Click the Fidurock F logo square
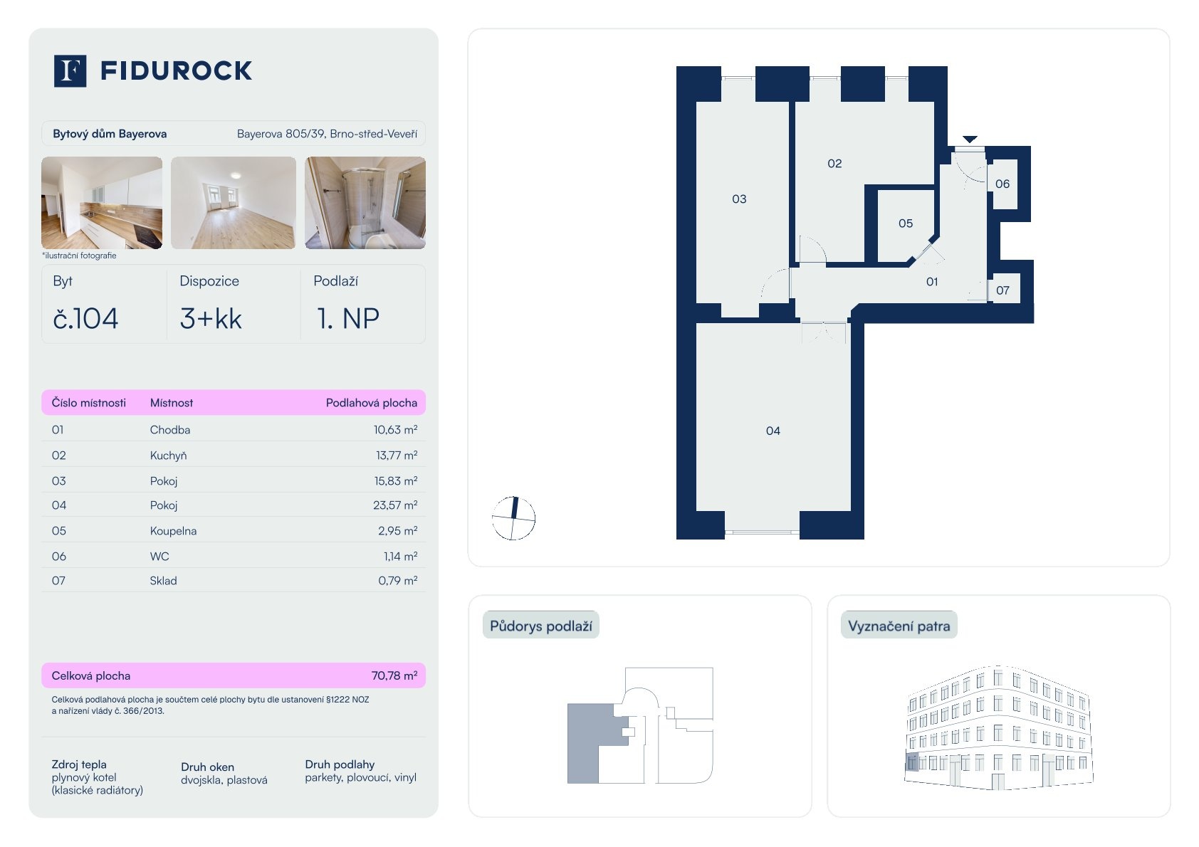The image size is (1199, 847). tap(70, 70)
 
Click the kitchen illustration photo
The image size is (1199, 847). tap(102, 203)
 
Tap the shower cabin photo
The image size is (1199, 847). tap(365, 203)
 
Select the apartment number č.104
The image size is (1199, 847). tap(85, 319)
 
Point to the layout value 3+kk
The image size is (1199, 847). tap(211, 319)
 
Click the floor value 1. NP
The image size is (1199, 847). tap(348, 319)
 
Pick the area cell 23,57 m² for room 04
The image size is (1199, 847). tap(395, 505)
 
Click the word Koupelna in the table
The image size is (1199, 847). tap(174, 531)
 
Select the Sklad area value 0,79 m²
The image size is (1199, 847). tap(398, 581)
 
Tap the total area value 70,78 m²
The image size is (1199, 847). tap(394, 675)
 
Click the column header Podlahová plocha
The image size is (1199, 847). tap(372, 403)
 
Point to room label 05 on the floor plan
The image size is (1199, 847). tap(906, 223)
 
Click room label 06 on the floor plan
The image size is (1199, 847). tap(1002, 184)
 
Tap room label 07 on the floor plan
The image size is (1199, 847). tap(1002, 290)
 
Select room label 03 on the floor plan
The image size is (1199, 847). tap(739, 199)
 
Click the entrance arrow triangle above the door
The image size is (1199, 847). tap(970, 139)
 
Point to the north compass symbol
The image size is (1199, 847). tap(513, 518)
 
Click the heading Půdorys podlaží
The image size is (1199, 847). tap(540, 626)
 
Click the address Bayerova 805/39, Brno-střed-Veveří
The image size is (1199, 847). tap(327, 134)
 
